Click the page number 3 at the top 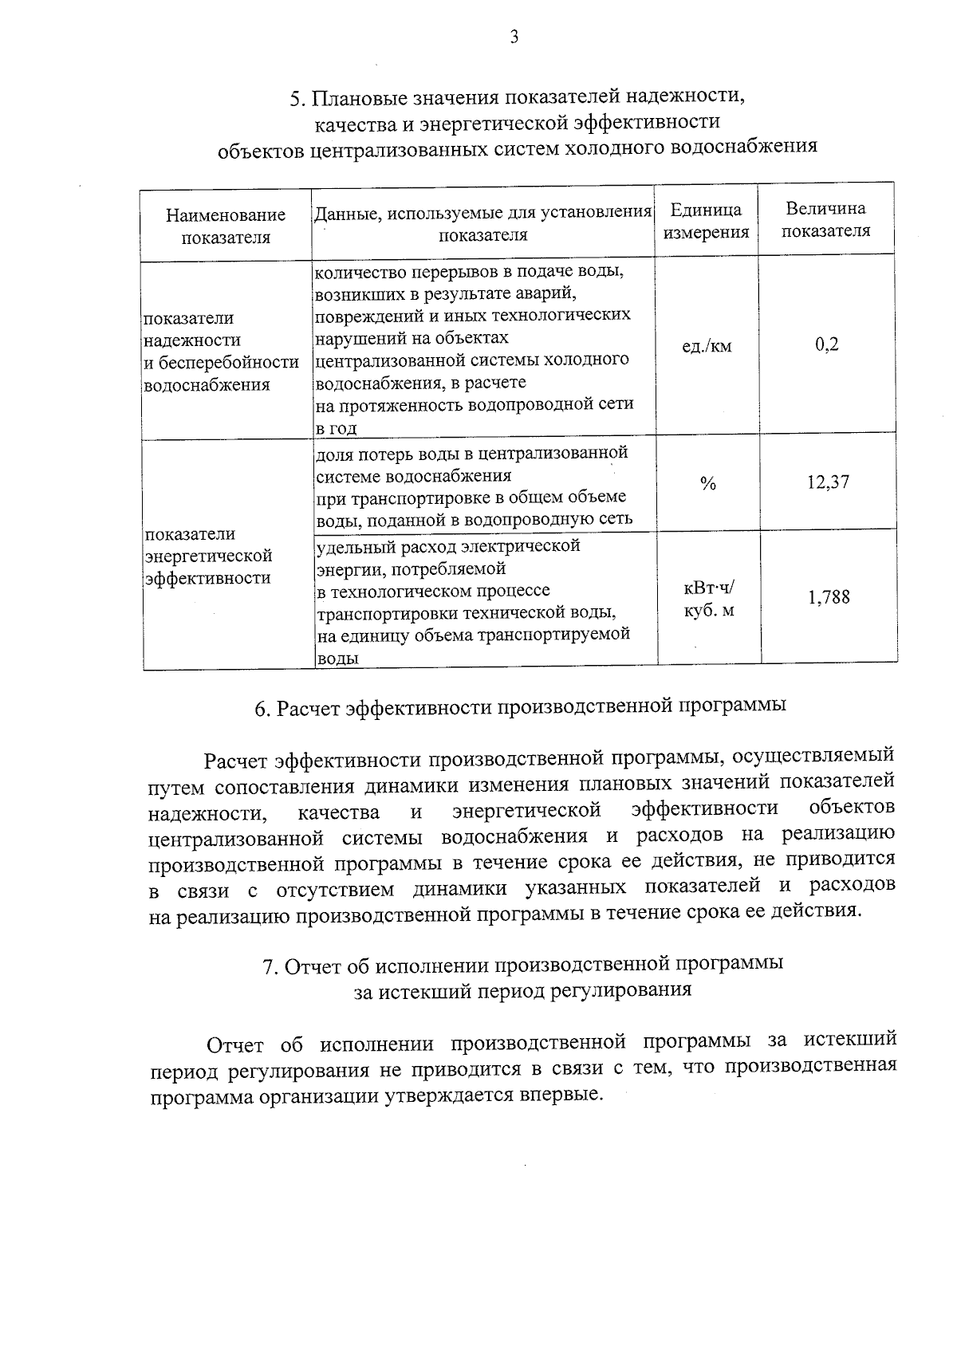[x=514, y=37]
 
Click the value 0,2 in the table [x=826, y=345]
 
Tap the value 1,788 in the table [x=829, y=597]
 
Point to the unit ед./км [x=707, y=346]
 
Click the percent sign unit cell [x=707, y=483]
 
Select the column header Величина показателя [x=825, y=220]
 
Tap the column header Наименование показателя [x=226, y=226]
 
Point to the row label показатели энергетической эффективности [x=208, y=556]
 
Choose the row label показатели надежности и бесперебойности [x=221, y=351]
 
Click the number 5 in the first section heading [x=295, y=99]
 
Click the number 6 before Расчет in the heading [x=260, y=706]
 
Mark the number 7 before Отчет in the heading [x=269, y=965]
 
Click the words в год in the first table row [x=336, y=428]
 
